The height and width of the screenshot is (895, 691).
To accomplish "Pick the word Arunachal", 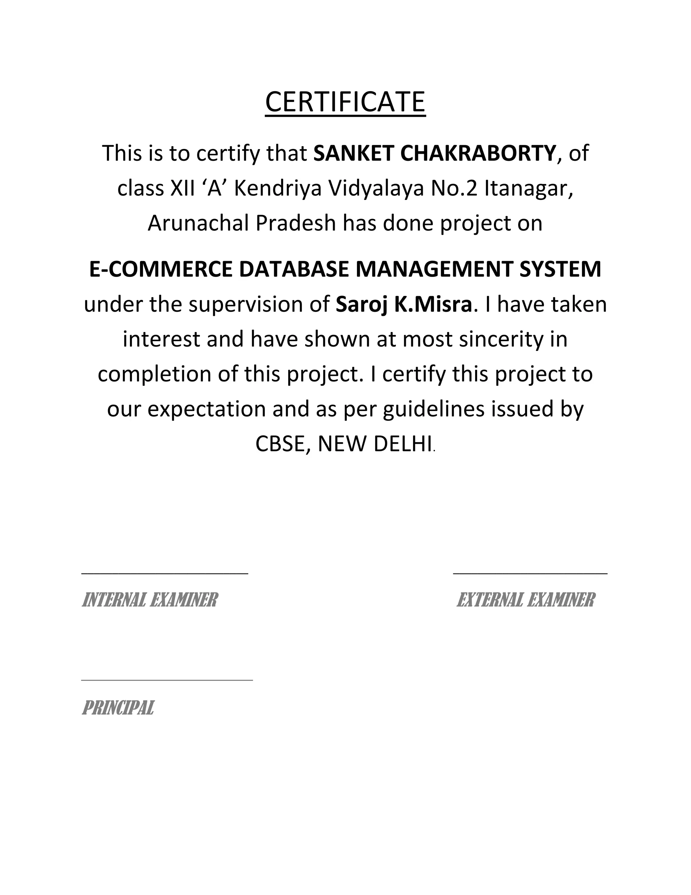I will point(198,223).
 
